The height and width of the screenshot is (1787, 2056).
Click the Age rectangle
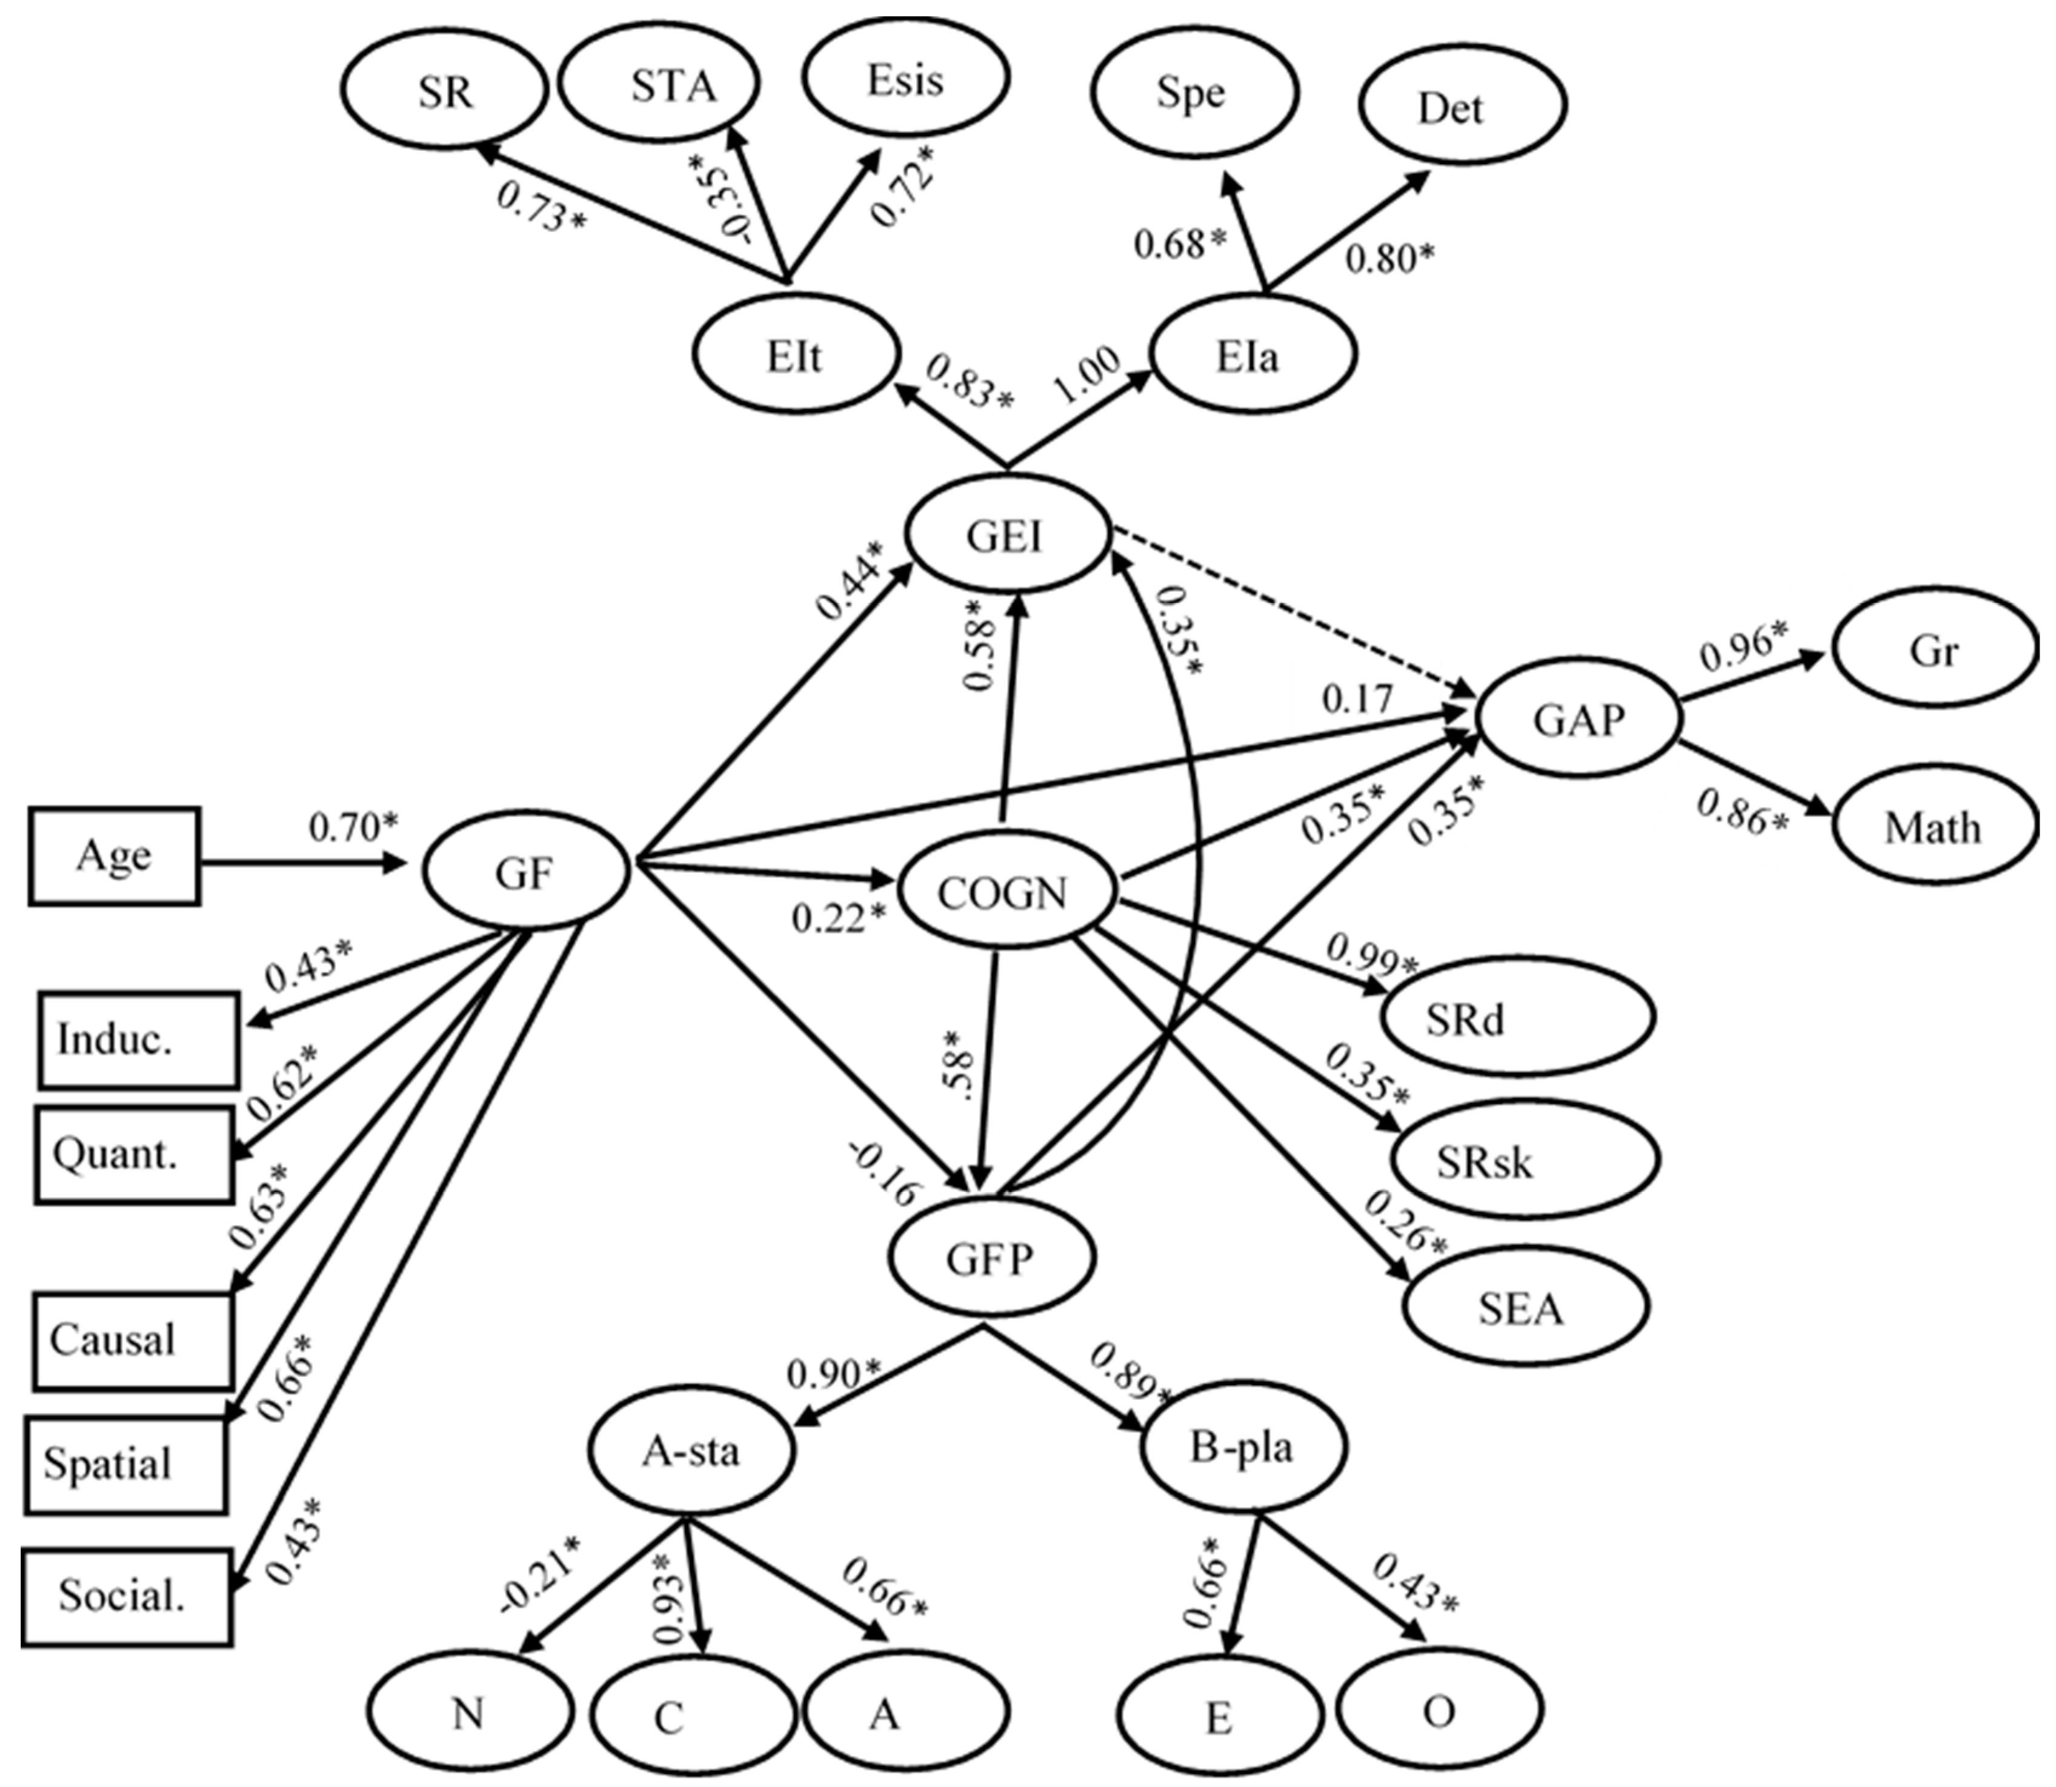tap(114, 855)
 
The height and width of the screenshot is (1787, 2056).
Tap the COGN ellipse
tap(1003, 892)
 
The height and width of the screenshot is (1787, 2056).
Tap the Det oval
tap(1462, 105)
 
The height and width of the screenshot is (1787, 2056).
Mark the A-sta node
tap(690, 1451)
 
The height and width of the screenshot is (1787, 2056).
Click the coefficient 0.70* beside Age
tap(352, 827)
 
